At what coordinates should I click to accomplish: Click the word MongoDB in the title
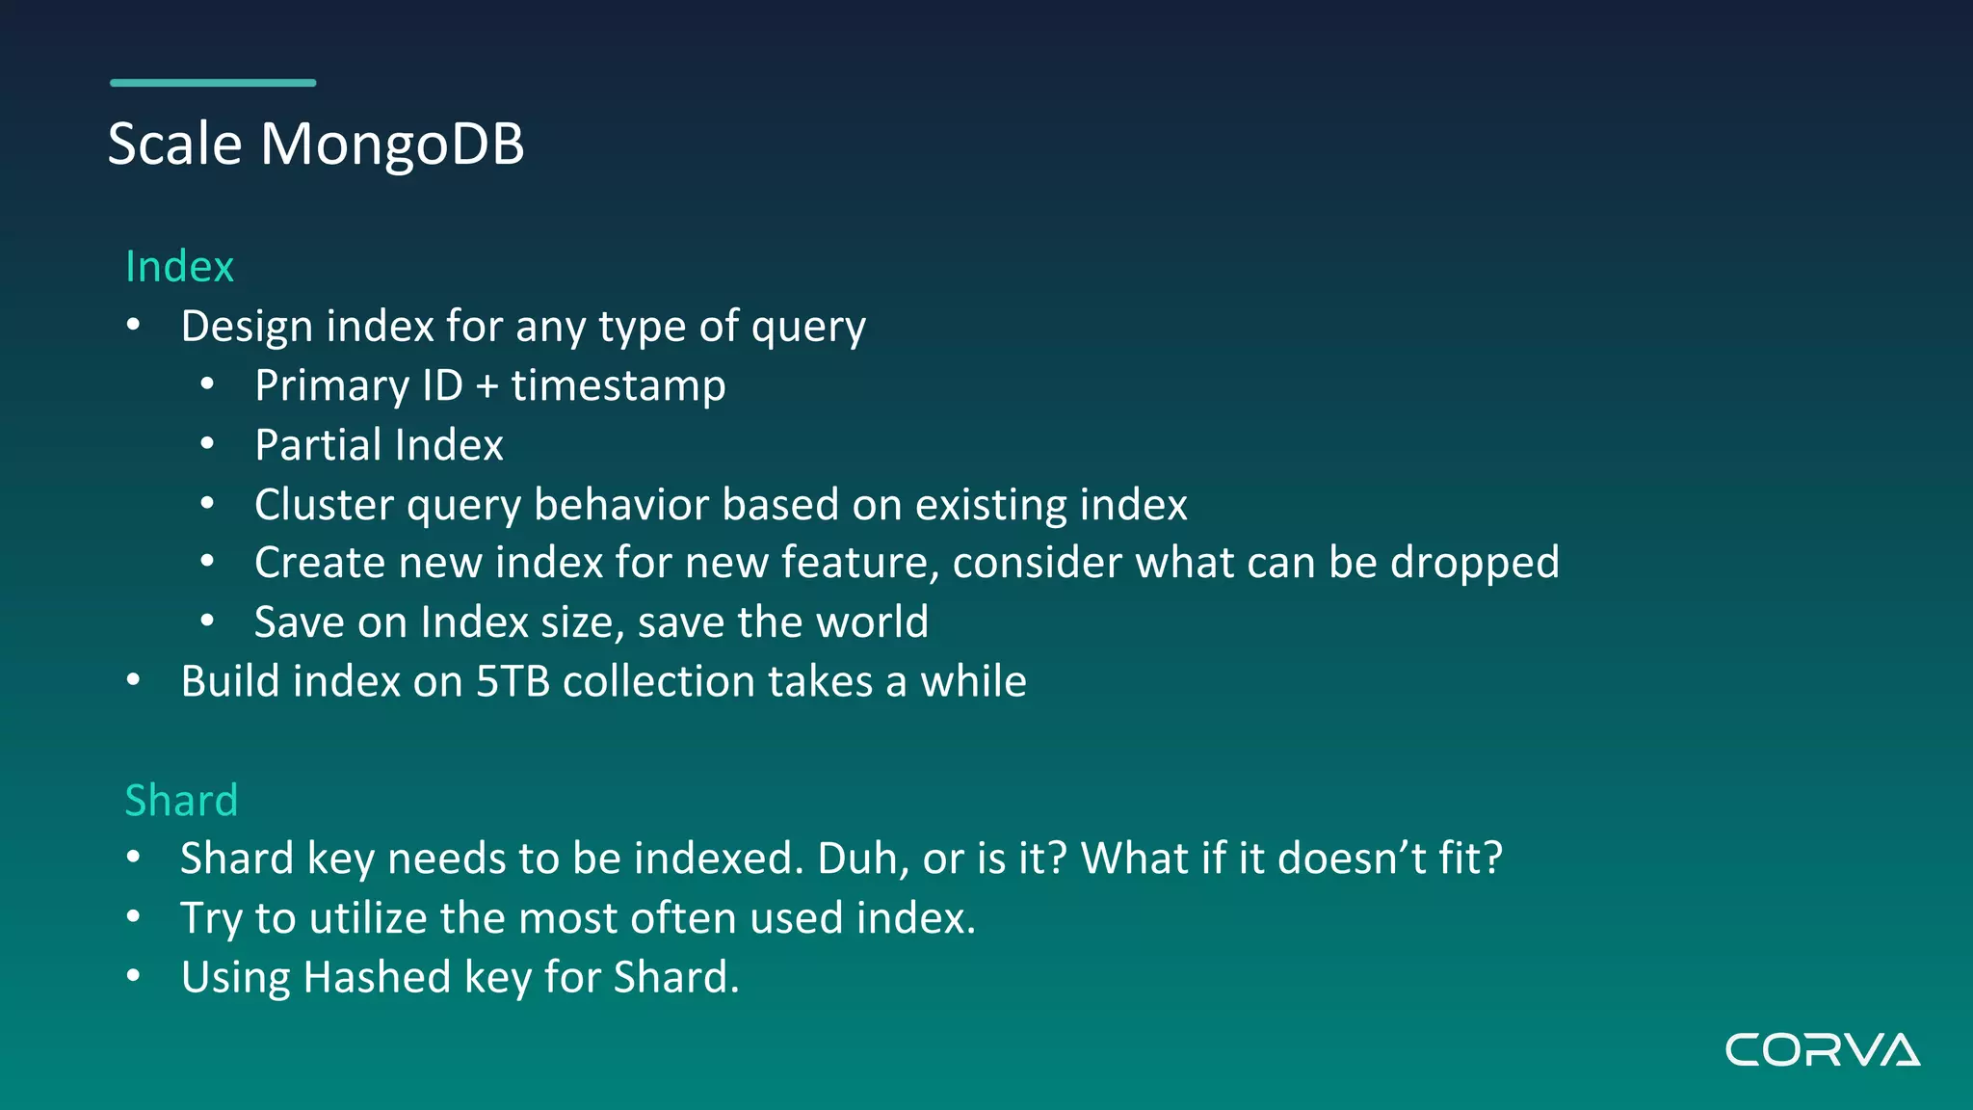392,145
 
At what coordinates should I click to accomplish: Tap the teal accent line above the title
213,83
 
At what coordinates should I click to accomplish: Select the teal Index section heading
180,267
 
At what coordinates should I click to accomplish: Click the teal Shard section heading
181,801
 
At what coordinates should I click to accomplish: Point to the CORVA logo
1822,1050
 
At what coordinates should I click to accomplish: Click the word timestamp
618,386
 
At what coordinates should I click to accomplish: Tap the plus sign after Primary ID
487,387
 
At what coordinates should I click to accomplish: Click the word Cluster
324,505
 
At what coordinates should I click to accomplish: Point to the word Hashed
377,977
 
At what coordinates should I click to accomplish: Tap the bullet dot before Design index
134,326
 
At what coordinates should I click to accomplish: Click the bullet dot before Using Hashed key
134,976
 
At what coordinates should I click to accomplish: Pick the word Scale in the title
174,145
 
